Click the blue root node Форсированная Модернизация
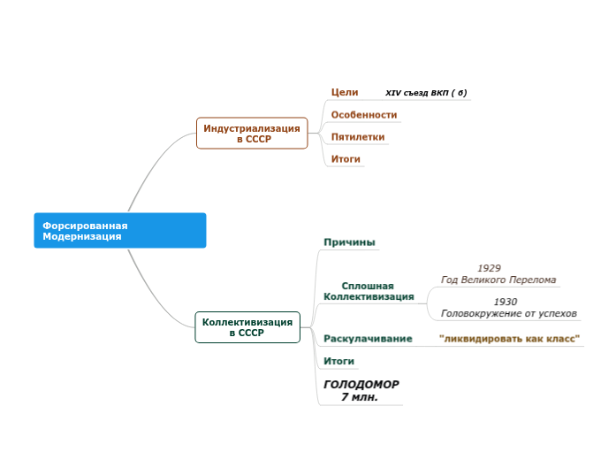tap(119, 230)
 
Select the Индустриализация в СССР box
tap(252, 134)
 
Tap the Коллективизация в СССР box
tap(247, 327)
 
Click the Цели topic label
tap(344, 92)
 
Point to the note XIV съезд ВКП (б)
tap(426, 93)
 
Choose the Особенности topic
tap(363, 115)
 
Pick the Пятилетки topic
tap(357, 137)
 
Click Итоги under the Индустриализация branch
tap(345, 159)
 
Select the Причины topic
tap(349, 242)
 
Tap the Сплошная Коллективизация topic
tap(369, 291)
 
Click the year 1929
tap(489, 267)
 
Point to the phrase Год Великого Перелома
tap(498, 280)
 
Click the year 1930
tap(506, 302)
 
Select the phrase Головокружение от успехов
tap(508, 313)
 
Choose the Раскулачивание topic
tap(368, 339)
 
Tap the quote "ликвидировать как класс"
tap(509, 339)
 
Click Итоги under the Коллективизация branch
tap(338, 361)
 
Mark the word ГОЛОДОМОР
tap(361, 385)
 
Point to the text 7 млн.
tap(359, 397)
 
